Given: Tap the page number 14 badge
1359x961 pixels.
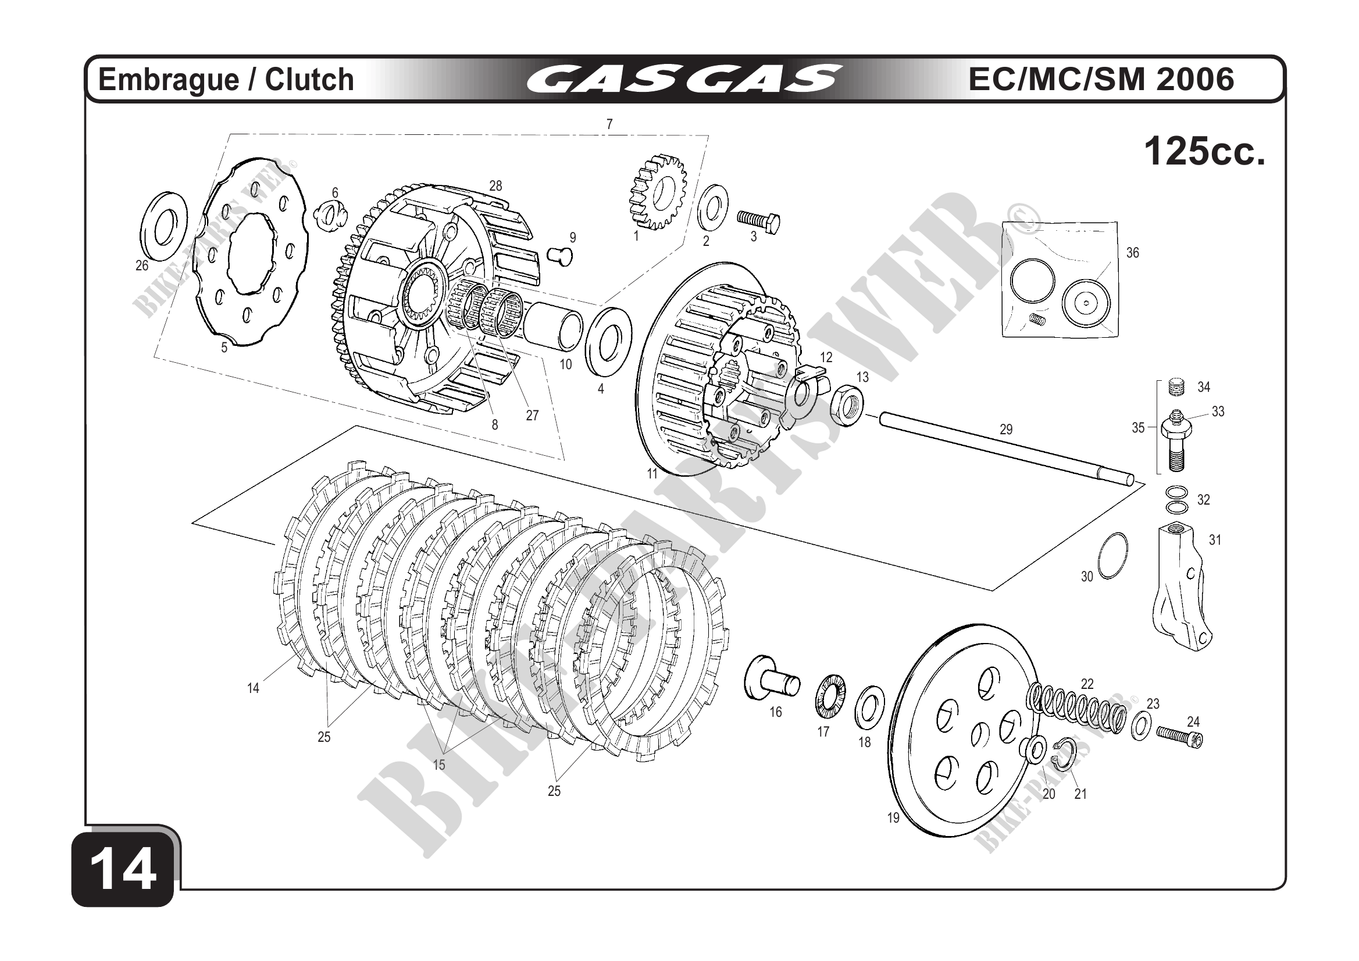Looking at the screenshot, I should click(x=124, y=871).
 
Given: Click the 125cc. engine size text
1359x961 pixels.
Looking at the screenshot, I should click(x=1204, y=152).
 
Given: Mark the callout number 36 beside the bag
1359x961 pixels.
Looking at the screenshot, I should click(x=1132, y=253).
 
